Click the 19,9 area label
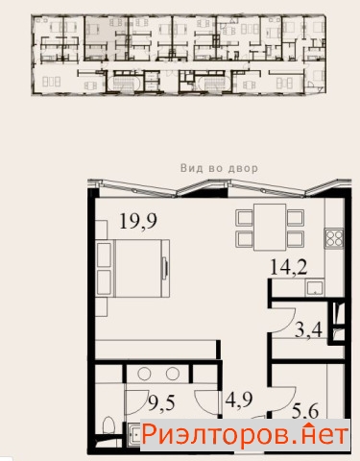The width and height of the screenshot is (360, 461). pyautogui.click(x=138, y=221)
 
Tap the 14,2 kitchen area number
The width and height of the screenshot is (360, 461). pyautogui.click(x=289, y=267)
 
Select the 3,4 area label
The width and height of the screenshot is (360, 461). pyautogui.click(x=308, y=329)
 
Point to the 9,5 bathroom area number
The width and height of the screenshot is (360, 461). pyautogui.click(x=162, y=402)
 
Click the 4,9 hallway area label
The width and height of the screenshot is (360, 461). pyautogui.click(x=239, y=400)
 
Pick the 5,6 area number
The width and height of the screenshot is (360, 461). pyautogui.click(x=305, y=411)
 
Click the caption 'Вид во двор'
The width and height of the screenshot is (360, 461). pyautogui.click(x=219, y=168)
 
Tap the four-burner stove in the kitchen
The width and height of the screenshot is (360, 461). pyautogui.click(x=334, y=238)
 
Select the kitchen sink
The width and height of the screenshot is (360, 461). pyautogui.click(x=315, y=287)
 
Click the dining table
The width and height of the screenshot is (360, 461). pyautogui.click(x=270, y=227)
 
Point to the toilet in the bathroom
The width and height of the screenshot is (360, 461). pyautogui.click(x=108, y=425)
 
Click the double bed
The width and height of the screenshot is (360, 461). pyautogui.click(x=132, y=268)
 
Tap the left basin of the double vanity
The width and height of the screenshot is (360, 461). pyautogui.click(x=144, y=374)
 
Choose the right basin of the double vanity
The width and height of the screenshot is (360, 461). pyautogui.click(x=173, y=374)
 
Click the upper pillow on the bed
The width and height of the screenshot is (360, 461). pyautogui.click(x=105, y=255)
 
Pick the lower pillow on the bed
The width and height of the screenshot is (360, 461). pyautogui.click(x=105, y=282)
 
